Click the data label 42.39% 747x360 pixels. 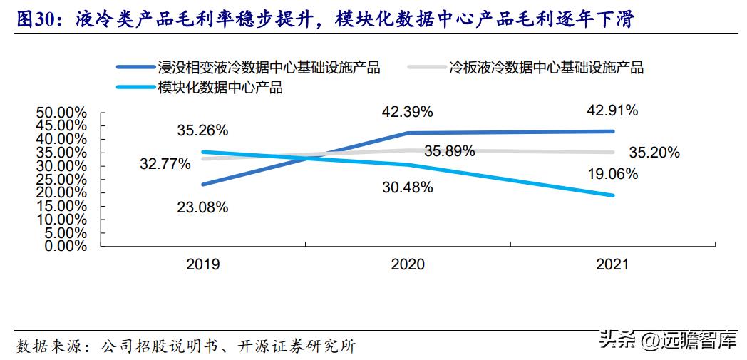[x=408, y=112]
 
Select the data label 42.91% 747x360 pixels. [x=612, y=110]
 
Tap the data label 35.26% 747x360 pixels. [x=202, y=130]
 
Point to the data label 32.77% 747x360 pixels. [x=165, y=164]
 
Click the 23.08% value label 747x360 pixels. [x=202, y=207]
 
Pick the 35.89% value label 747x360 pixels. [x=450, y=152]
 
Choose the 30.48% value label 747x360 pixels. [x=408, y=187]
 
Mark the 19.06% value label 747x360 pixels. [x=612, y=174]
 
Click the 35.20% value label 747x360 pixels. [x=654, y=152]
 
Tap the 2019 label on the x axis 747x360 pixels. [x=202, y=264]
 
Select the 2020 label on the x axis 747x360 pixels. [x=408, y=264]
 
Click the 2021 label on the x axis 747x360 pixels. [x=612, y=264]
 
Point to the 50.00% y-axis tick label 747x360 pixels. [x=61, y=113]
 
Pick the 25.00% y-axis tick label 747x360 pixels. [x=61, y=179]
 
